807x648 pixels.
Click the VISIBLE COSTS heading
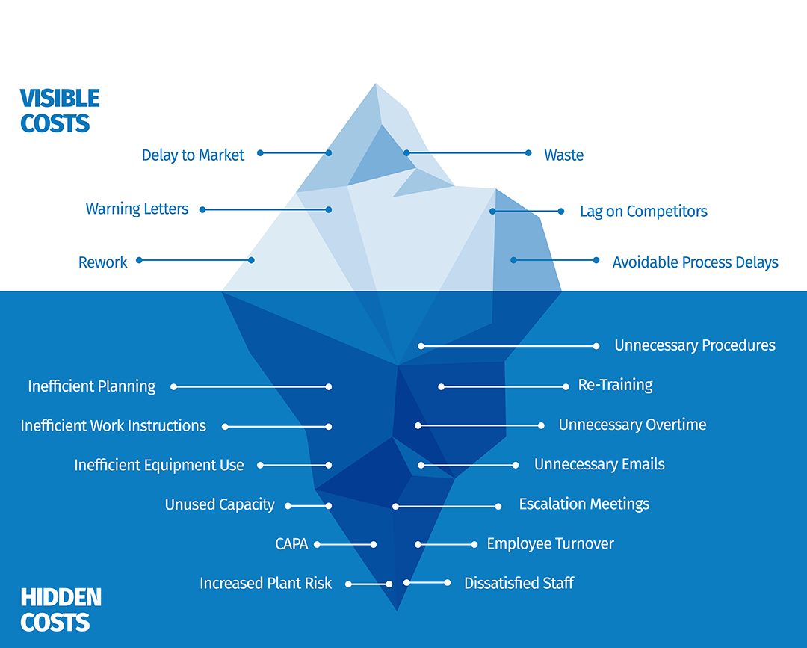pyautogui.click(x=60, y=111)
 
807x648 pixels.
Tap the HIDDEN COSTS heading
pyautogui.click(x=61, y=610)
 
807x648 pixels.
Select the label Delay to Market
pyautogui.click(x=193, y=155)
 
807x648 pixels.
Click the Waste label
pyautogui.click(x=563, y=155)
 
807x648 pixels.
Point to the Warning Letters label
pyautogui.click(x=137, y=209)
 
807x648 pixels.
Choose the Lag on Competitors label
pyautogui.click(x=643, y=212)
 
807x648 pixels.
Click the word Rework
pyautogui.click(x=102, y=262)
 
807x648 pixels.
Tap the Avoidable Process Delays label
pyautogui.click(x=695, y=262)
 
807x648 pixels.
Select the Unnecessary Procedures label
pyautogui.click(x=694, y=345)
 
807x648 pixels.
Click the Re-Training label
pyautogui.click(x=615, y=386)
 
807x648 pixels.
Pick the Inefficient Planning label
pyautogui.click(x=92, y=386)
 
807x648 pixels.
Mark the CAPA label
pyautogui.click(x=291, y=544)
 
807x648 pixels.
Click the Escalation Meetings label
pyautogui.click(x=584, y=504)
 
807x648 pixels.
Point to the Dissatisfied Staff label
pyautogui.click(x=519, y=583)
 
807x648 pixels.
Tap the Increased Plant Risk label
pyautogui.click(x=265, y=584)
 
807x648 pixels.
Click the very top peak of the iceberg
pyautogui.click(x=376, y=84)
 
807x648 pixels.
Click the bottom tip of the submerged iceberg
pyautogui.click(x=397, y=610)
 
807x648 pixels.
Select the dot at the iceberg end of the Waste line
pyautogui.click(x=406, y=153)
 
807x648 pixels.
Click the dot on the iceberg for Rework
pyautogui.click(x=251, y=260)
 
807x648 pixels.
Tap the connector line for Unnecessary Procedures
pyautogui.click(x=508, y=346)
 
